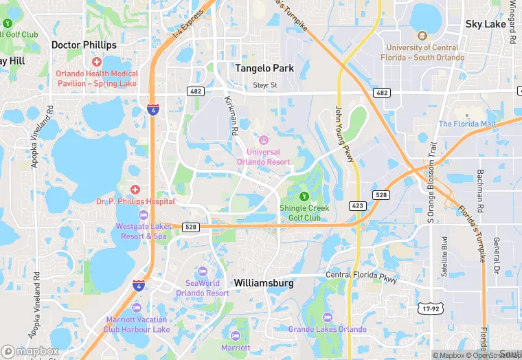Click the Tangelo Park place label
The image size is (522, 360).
coord(264,68)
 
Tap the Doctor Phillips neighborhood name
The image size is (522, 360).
coord(84,45)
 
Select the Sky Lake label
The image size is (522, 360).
coord(486,24)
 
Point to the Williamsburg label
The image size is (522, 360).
coord(264,283)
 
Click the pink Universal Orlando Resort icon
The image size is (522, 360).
coord(263,140)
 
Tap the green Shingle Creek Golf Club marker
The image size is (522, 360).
coord(304,196)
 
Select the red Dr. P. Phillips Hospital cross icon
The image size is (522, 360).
coord(135,189)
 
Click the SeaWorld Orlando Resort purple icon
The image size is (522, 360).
coord(202,272)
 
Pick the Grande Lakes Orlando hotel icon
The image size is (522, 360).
coord(327,317)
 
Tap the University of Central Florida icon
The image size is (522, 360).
coord(422,36)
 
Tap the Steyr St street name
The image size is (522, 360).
coord(264,85)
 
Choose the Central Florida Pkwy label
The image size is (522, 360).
coord(361,276)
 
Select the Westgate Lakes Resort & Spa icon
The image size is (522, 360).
coord(143,215)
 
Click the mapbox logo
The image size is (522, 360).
coord(31,351)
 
